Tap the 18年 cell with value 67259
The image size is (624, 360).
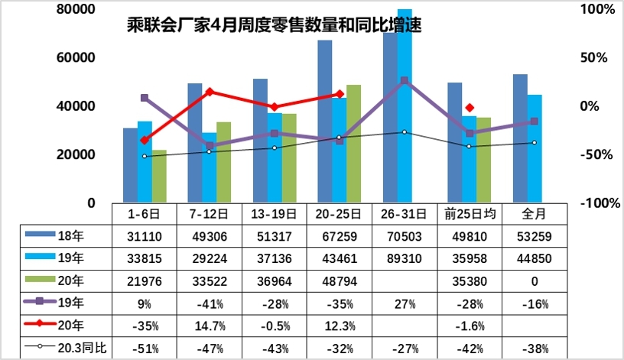click(336, 235)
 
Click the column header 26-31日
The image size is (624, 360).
click(404, 212)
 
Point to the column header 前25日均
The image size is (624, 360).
click(470, 212)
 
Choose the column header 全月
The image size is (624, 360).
click(534, 212)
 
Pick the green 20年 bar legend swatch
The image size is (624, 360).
click(40, 280)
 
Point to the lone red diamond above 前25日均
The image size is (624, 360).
click(470, 108)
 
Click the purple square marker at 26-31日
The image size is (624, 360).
click(404, 80)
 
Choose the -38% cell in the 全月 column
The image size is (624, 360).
click(534, 349)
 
